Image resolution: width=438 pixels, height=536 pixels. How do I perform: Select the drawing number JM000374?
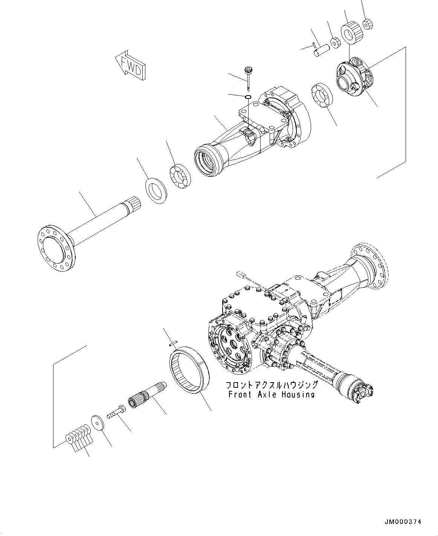tap(403, 522)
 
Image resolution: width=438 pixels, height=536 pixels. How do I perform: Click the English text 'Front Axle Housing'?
tap(271, 394)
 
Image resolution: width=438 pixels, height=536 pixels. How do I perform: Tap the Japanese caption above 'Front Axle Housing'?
tap(272, 385)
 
